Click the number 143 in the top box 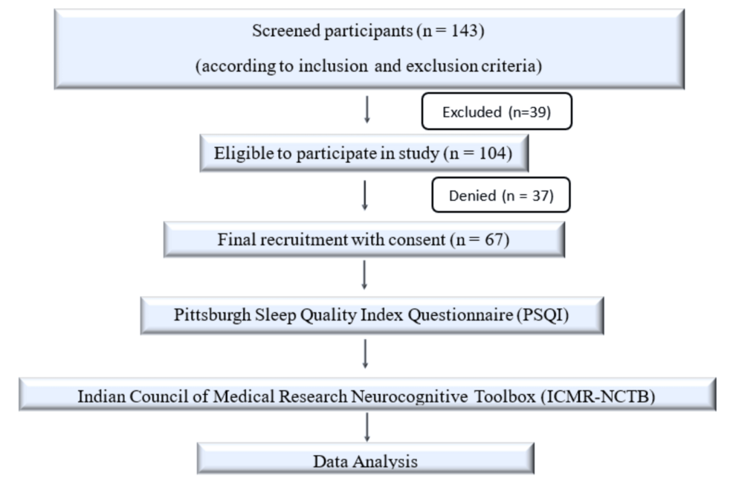coord(464,30)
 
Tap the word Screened coord(285,30)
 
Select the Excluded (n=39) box coord(497,112)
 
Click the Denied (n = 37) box coord(500,195)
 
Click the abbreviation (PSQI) coord(542,315)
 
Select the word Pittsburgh coord(212,315)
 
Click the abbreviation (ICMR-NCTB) coord(598,396)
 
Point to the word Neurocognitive coord(409,396)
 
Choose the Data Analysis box coord(365,459)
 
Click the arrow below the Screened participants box coord(367,109)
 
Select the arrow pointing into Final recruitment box coord(364,196)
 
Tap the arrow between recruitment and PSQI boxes coord(364,275)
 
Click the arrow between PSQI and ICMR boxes coord(365,354)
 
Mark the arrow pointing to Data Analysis coord(367,427)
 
